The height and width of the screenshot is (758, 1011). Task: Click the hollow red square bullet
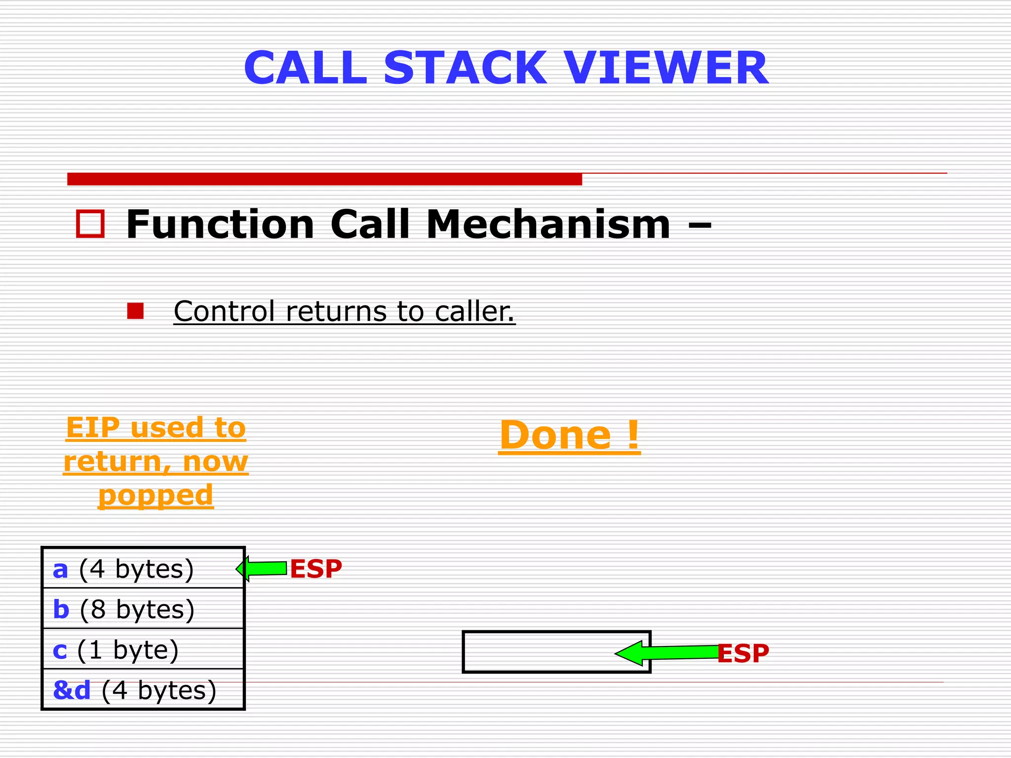pyautogui.click(x=90, y=224)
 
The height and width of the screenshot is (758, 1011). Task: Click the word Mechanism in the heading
pyautogui.click(x=548, y=224)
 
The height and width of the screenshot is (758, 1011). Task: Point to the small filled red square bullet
pyautogui.click(x=135, y=311)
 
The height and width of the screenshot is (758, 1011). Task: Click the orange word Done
pyautogui.click(x=555, y=435)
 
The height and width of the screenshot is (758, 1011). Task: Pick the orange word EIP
pyautogui.click(x=93, y=427)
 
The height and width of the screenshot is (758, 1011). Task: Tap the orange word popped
pyautogui.click(x=156, y=495)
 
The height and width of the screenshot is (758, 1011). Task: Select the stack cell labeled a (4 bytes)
pyautogui.click(x=143, y=568)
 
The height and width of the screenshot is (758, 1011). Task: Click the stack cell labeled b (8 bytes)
pyautogui.click(x=143, y=609)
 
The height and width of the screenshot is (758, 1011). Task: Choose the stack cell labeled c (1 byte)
pyautogui.click(x=143, y=649)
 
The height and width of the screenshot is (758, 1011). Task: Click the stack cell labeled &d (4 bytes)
pyautogui.click(x=143, y=690)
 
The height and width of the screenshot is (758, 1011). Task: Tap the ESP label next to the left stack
pyautogui.click(x=315, y=568)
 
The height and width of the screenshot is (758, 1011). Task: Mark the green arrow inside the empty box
pyautogui.click(x=666, y=653)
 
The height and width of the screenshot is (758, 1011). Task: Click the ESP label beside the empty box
pyautogui.click(x=742, y=653)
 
